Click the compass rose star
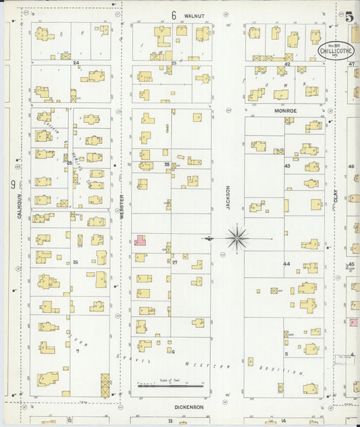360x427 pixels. click(x=237, y=237)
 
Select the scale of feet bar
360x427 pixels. click(x=170, y=386)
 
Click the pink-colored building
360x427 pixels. click(x=140, y=241)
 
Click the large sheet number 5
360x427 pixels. click(x=350, y=18)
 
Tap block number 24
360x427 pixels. click(x=76, y=63)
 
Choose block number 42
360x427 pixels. click(x=287, y=64)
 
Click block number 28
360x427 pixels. click(x=167, y=164)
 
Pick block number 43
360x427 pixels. click(x=287, y=166)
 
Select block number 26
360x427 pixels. click(x=76, y=262)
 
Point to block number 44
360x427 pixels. click(x=286, y=264)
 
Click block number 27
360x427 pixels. click(x=174, y=261)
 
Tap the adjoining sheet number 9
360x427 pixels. click(x=12, y=184)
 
